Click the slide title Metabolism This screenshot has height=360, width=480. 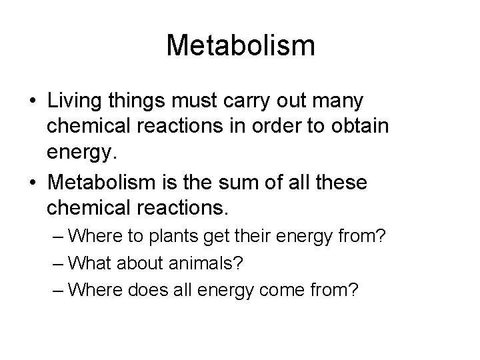point(240,45)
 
